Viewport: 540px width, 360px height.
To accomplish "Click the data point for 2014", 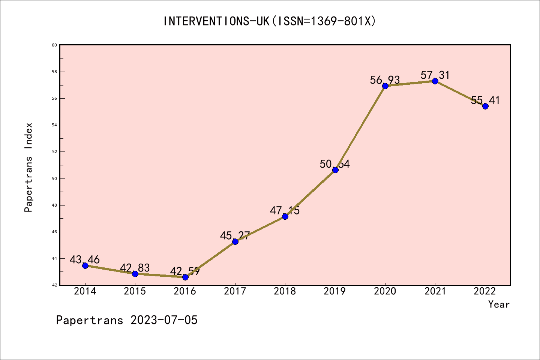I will pos(85,265).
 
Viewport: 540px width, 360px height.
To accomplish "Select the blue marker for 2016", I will pos(185,277).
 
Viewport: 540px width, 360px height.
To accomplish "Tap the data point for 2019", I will pos(335,170).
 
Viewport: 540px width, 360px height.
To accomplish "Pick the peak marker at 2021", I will pos(435,81).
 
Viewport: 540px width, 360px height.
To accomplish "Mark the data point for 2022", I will pos(485,106).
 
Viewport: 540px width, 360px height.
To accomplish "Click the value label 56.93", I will pos(385,80).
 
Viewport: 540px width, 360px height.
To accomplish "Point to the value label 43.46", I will pos(85,259).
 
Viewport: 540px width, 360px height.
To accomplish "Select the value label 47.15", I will pos(285,210).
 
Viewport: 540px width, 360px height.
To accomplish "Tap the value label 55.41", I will pos(485,100).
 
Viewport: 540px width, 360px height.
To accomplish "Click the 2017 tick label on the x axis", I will pos(235,291).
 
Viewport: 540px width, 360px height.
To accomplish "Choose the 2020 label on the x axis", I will pos(385,291).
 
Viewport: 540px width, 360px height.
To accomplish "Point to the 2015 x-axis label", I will pos(135,291).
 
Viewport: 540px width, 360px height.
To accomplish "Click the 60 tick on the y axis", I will pos(54,45).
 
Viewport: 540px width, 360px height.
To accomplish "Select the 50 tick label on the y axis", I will pos(54,178).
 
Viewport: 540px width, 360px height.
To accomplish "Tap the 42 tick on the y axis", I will pos(54,285).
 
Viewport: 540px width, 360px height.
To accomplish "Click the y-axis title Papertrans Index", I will pos(28,167).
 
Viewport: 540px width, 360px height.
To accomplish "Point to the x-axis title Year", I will pos(499,304).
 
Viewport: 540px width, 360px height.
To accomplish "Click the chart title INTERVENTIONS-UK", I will pos(217,21).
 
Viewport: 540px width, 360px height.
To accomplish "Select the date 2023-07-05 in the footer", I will pos(164,320).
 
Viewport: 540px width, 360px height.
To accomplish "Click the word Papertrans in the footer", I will pos(90,320).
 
